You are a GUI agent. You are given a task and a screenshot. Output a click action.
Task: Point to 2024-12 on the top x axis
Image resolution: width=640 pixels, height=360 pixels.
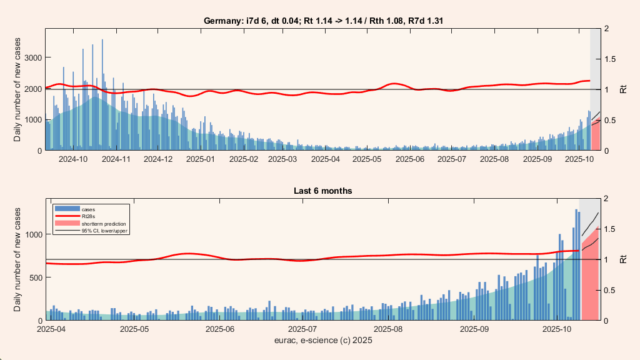(x=157, y=159)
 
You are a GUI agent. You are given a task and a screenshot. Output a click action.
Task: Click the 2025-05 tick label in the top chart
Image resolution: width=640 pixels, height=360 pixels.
(x=367, y=159)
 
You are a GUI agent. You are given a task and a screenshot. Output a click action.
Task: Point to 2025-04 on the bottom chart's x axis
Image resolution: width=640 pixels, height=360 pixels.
(x=52, y=329)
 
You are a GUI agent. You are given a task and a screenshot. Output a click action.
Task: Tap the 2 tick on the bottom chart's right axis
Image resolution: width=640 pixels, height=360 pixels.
(x=608, y=198)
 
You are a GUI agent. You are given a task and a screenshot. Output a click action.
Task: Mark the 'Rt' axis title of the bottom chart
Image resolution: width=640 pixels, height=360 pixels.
(x=623, y=259)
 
